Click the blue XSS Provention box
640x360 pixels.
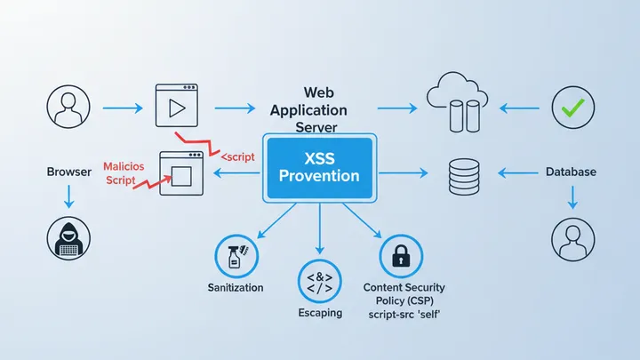(x=320, y=166)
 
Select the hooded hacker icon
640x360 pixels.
(x=68, y=238)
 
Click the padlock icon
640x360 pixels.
(x=400, y=257)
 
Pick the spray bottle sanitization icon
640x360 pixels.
(x=235, y=257)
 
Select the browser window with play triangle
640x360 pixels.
(x=174, y=107)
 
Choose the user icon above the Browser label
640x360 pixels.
(x=68, y=108)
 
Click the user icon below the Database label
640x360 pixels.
(x=571, y=239)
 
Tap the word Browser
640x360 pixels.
(x=68, y=172)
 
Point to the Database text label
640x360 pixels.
(x=571, y=172)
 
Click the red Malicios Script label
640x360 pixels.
(x=130, y=172)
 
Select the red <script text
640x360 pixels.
(x=237, y=156)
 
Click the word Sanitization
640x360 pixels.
(x=236, y=287)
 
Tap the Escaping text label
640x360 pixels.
(x=320, y=313)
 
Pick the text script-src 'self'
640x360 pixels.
(x=404, y=316)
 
